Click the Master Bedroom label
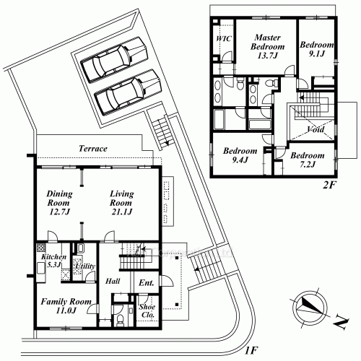267,42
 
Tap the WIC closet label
224,38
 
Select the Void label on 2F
316,129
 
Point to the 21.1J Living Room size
122,212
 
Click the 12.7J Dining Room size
59,212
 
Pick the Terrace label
93,149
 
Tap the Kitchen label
53,256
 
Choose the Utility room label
85,266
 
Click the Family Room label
66,301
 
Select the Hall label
113,281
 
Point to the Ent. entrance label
147,283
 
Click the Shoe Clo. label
147,310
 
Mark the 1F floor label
251,350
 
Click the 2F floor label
329,185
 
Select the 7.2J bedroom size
308,165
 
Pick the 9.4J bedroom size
240,160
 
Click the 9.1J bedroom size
317,54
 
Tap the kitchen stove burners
41,248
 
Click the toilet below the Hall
120,319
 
